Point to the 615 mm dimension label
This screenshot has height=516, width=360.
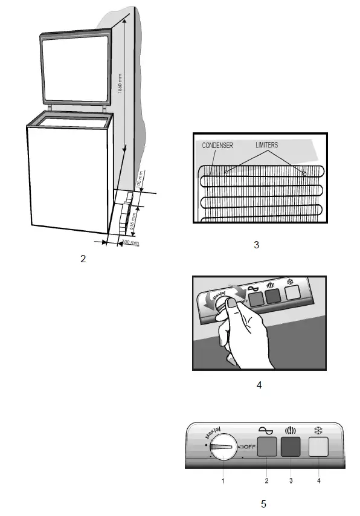click(x=133, y=222)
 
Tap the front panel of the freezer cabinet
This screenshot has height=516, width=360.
click(x=67, y=178)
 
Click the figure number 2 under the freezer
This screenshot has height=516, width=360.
click(x=83, y=259)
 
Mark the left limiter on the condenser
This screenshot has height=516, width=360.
click(x=226, y=173)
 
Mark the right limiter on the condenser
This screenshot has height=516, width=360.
click(x=304, y=173)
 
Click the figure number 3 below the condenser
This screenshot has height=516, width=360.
click(x=256, y=245)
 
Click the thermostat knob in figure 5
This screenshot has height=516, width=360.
click(x=223, y=448)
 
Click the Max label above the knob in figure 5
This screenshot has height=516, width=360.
click(x=212, y=433)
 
